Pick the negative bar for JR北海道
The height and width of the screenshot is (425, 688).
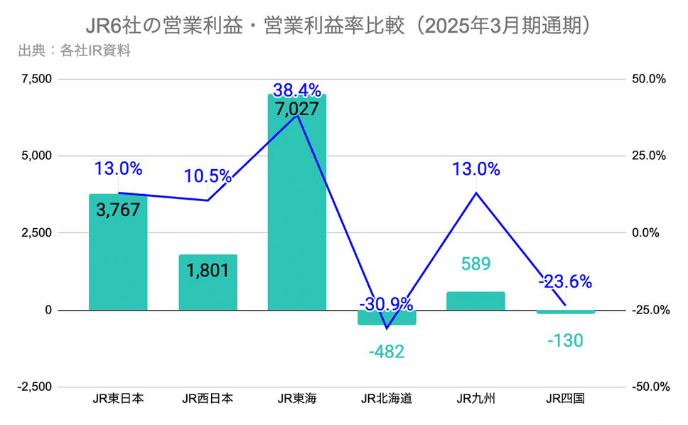(x=387, y=318)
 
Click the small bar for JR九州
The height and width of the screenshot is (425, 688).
(x=475, y=301)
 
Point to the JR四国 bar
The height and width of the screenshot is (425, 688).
(x=565, y=312)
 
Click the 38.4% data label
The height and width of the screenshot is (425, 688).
(x=297, y=90)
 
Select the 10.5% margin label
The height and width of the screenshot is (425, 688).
(x=208, y=176)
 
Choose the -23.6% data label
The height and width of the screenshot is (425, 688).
(x=565, y=281)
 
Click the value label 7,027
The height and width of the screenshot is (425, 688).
(x=297, y=109)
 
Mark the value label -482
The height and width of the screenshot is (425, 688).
(x=387, y=352)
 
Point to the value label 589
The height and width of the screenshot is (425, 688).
(x=475, y=264)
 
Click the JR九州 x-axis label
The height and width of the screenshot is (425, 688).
(x=475, y=399)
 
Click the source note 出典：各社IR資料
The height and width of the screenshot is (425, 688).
(x=73, y=50)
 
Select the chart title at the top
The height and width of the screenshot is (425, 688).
(x=343, y=26)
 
